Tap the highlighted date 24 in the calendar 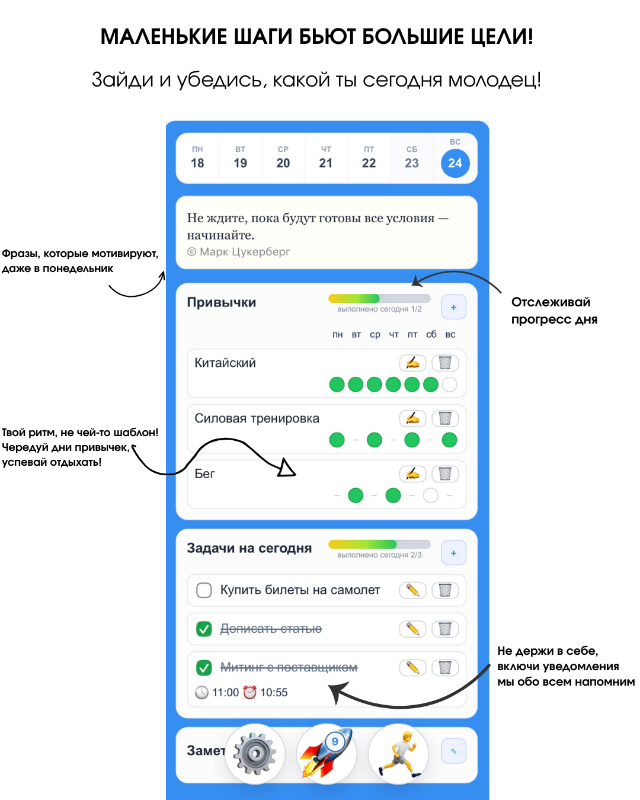point(455,163)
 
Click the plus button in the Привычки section point(453,307)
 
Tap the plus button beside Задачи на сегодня point(453,553)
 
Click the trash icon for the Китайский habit point(445,363)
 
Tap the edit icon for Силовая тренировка point(412,418)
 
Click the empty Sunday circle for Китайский point(449,385)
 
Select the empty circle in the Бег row point(431,495)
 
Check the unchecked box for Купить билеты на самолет point(204,590)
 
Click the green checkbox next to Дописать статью point(204,629)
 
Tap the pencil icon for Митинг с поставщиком point(412,668)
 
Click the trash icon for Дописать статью point(445,629)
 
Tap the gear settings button point(255,754)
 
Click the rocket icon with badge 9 point(327,754)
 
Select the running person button point(398,754)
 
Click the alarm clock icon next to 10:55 point(249,692)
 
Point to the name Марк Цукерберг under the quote point(245,252)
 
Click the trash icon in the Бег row point(445,473)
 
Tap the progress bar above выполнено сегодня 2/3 point(379,544)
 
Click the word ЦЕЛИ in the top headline point(502,37)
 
